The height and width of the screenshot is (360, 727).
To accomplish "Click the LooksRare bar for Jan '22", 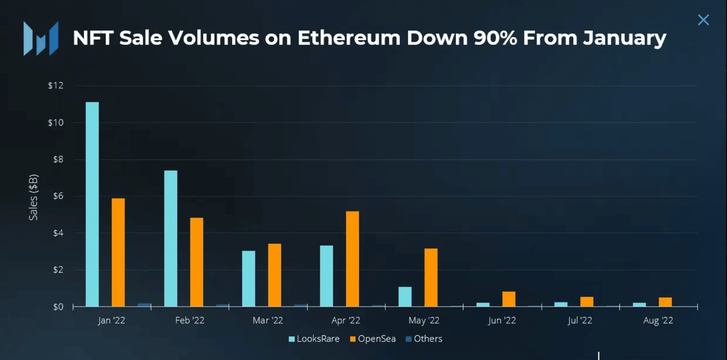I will click(x=92, y=204).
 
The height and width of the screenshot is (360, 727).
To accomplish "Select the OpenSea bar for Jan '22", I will click(x=118, y=252).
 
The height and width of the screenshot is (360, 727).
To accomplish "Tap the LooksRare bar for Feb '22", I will click(x=171, y=239).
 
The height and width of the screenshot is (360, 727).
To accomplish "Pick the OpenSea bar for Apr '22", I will click(x=352, y=259).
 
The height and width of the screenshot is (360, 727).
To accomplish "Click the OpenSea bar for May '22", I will click(x=431, y=277).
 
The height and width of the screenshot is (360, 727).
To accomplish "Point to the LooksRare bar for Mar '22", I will click(x=249, y=279).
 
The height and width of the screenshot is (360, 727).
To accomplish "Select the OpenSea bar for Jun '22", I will click(x=509, y=299).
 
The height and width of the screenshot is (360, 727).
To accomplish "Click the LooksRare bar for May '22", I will click(x=405, y=296).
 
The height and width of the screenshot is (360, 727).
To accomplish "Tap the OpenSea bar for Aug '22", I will click(x=665, y=302).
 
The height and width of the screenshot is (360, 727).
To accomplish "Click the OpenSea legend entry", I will click(x=373, y=339).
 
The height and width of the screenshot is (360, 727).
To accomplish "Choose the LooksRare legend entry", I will click(x=314, y=339).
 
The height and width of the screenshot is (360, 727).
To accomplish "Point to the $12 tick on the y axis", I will click(x=56, y=85).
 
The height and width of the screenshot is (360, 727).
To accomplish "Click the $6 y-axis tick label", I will click(x=58, y=196).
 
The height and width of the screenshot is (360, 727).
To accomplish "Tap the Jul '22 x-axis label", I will click(x=579, y=320).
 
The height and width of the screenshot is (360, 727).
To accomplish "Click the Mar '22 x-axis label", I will click(x=268, y=320).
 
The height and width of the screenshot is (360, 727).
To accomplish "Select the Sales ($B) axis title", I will click(x=33, y=197).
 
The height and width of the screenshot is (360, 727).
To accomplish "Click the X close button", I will click(x=703, y=20).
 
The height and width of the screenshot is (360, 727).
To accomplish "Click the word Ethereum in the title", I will click(x=349, y=38).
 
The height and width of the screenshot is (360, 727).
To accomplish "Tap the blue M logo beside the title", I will click(x=41, y=38).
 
